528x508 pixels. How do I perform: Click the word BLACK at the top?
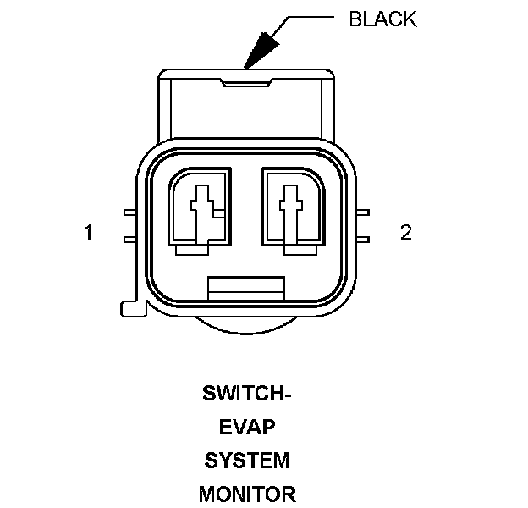(382, 19)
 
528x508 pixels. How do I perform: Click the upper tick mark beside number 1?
(129, 213)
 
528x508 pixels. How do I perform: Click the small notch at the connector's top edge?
(246, 82)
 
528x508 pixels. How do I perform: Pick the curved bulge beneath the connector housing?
(245, 327)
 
